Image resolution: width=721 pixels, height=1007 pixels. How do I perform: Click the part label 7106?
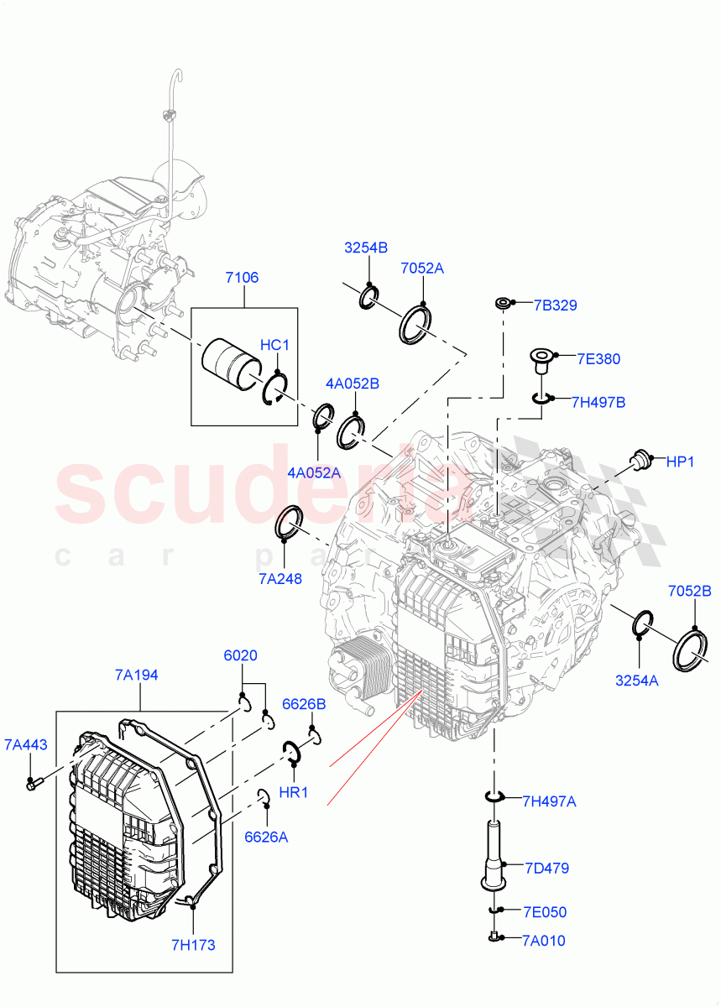(x=241, y=278)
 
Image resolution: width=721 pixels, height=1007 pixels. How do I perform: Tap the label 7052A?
(x=421, y=269)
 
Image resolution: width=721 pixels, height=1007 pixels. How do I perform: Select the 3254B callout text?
(x=365, y=248)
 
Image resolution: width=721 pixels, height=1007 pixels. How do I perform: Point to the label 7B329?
(x=555, y=305)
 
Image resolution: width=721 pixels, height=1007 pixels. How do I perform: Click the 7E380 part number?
(x=598, y=359)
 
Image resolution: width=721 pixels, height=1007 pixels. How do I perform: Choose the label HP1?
(x=680, y=462)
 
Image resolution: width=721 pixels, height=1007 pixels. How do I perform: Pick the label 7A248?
(x=280, y=578)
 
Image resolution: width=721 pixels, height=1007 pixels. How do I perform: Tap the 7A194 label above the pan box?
(x=137, y=675)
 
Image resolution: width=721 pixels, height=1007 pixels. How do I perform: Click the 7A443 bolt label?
(x=25, y=744)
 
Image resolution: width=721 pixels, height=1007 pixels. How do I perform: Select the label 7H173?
(x=193, y=945)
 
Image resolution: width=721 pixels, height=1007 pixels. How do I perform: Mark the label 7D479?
(x=546, y=868)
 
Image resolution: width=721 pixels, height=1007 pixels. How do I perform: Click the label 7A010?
(x=543, y=941)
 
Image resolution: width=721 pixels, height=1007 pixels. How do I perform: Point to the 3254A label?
(x=636, y=681)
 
